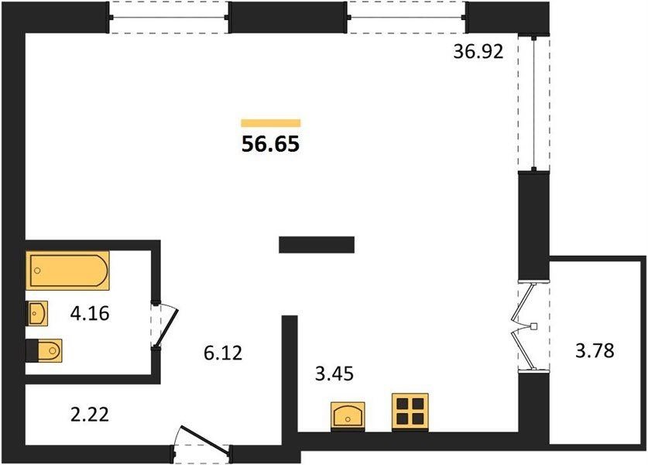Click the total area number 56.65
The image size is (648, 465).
click(270, 144)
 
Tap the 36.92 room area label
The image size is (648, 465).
click(478, 52)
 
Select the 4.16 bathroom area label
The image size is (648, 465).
click(90, 314)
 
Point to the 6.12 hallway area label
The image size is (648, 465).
click(223, 353)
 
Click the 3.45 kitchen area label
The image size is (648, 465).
click(334, 374)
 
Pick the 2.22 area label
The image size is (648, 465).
click(90, 415)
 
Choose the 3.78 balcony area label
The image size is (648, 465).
click(595, 351)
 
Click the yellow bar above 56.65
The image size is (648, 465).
click(271, 123)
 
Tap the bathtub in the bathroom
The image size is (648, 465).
click(68, 270)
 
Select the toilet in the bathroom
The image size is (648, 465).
click(44, 351)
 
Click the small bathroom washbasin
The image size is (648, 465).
click(37, 314)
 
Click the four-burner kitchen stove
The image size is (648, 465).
click(410, 412)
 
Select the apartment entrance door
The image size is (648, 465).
click(203, 443)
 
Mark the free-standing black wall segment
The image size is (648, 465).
click(317, 244)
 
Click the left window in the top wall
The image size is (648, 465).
click(169, 17)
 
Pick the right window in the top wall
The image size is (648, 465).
click(407, 17)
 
